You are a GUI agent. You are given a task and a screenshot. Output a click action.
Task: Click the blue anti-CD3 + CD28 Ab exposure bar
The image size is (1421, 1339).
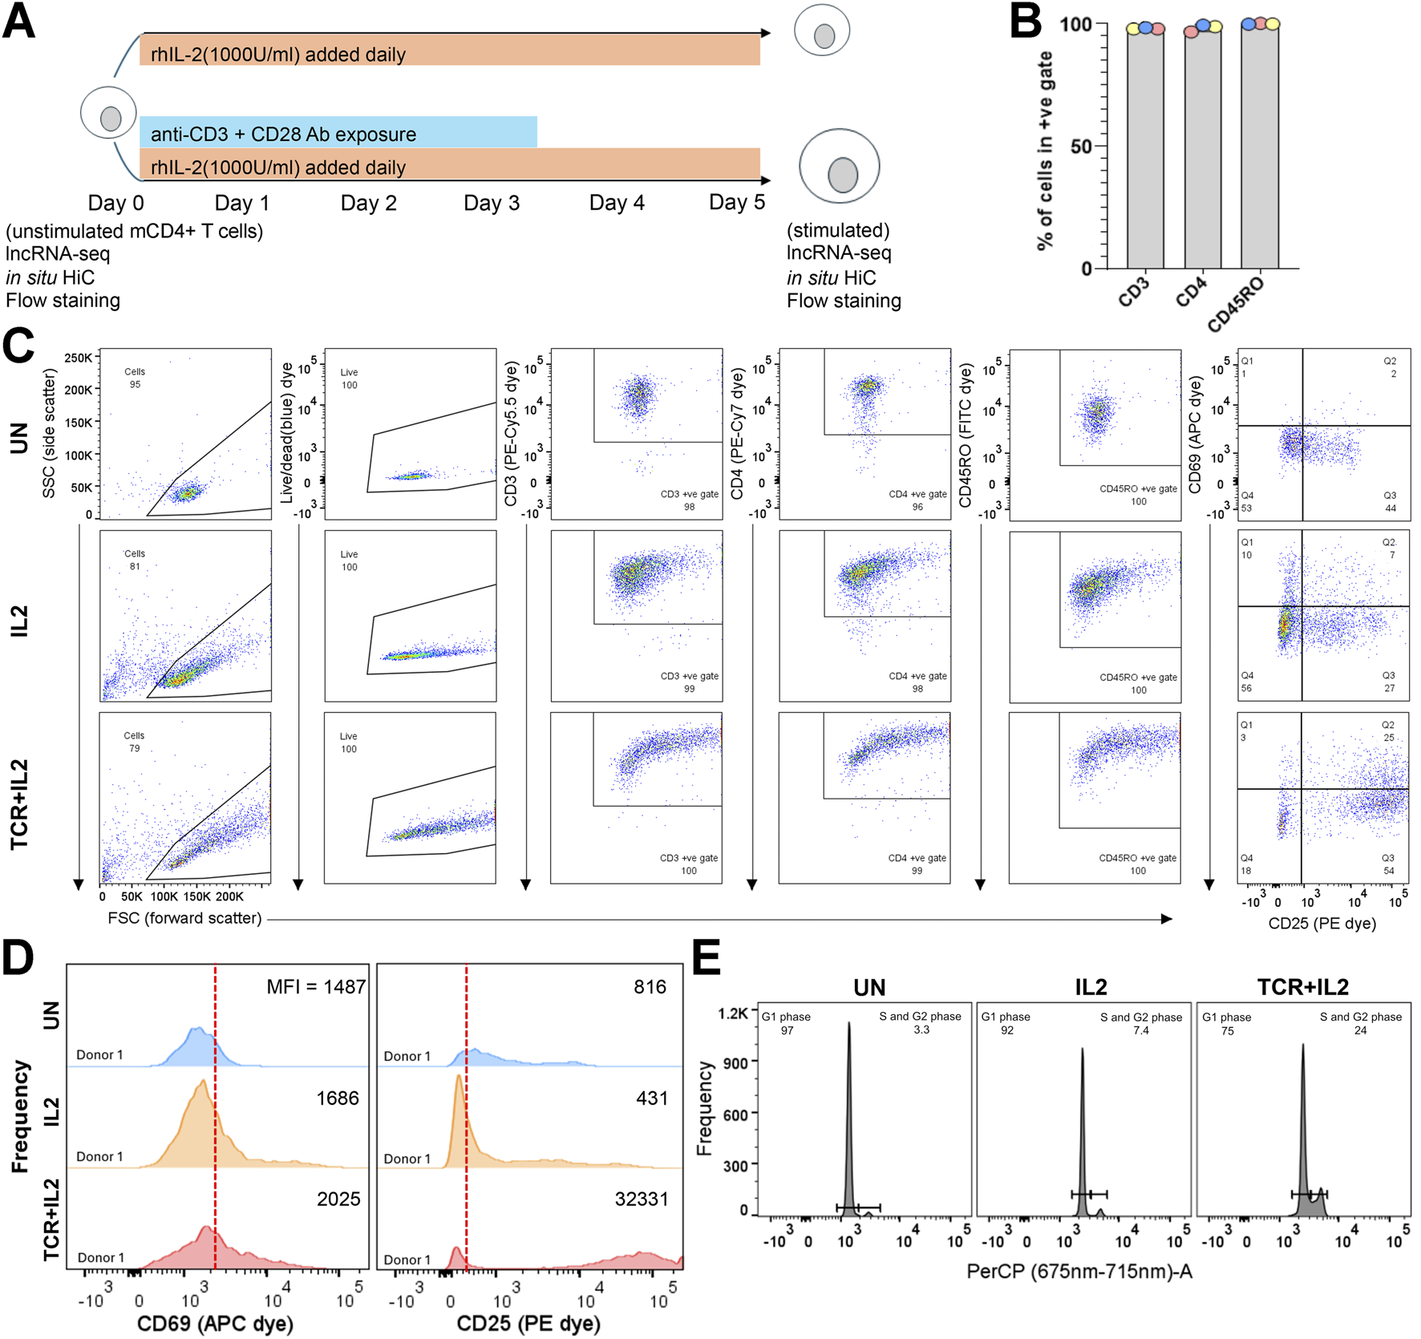coord(338,132)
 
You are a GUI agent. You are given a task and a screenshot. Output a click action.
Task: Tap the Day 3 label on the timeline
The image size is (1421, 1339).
coord(492,204)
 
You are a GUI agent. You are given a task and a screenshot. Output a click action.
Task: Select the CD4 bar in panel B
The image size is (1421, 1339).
coord(1203,148)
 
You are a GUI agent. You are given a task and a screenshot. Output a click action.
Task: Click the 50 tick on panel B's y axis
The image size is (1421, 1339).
coord(1080,147)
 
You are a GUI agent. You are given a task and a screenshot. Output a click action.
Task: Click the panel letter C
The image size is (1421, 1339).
coord(18,346)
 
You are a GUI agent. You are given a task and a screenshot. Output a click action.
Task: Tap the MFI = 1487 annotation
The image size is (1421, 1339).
coord(316,987)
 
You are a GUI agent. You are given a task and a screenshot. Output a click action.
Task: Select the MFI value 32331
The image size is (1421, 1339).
coord(641,1199)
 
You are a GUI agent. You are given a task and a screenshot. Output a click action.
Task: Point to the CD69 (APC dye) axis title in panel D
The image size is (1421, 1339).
coord(215,1323)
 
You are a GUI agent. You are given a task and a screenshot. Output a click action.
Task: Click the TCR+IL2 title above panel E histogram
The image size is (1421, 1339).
coord(1303,987)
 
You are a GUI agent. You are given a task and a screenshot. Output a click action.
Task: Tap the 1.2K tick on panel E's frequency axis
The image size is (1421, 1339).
coord(733,1014)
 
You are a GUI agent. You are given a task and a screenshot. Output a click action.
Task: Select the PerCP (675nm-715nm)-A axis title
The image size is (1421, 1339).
coord(1079,1271)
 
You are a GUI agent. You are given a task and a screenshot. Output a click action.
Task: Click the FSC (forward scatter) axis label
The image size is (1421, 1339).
coord(184,918)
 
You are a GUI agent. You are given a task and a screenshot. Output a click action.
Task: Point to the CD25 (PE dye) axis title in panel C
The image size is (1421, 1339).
coord(1322,924)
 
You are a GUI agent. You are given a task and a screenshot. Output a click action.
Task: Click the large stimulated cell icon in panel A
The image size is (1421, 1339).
coord(840,167)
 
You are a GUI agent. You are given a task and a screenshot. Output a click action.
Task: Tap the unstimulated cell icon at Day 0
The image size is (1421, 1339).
coord(108,113)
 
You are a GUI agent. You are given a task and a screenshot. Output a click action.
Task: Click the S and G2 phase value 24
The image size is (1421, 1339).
coord(1360,1030)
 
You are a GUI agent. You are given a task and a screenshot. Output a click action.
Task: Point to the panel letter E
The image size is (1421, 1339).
coord(706,958)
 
